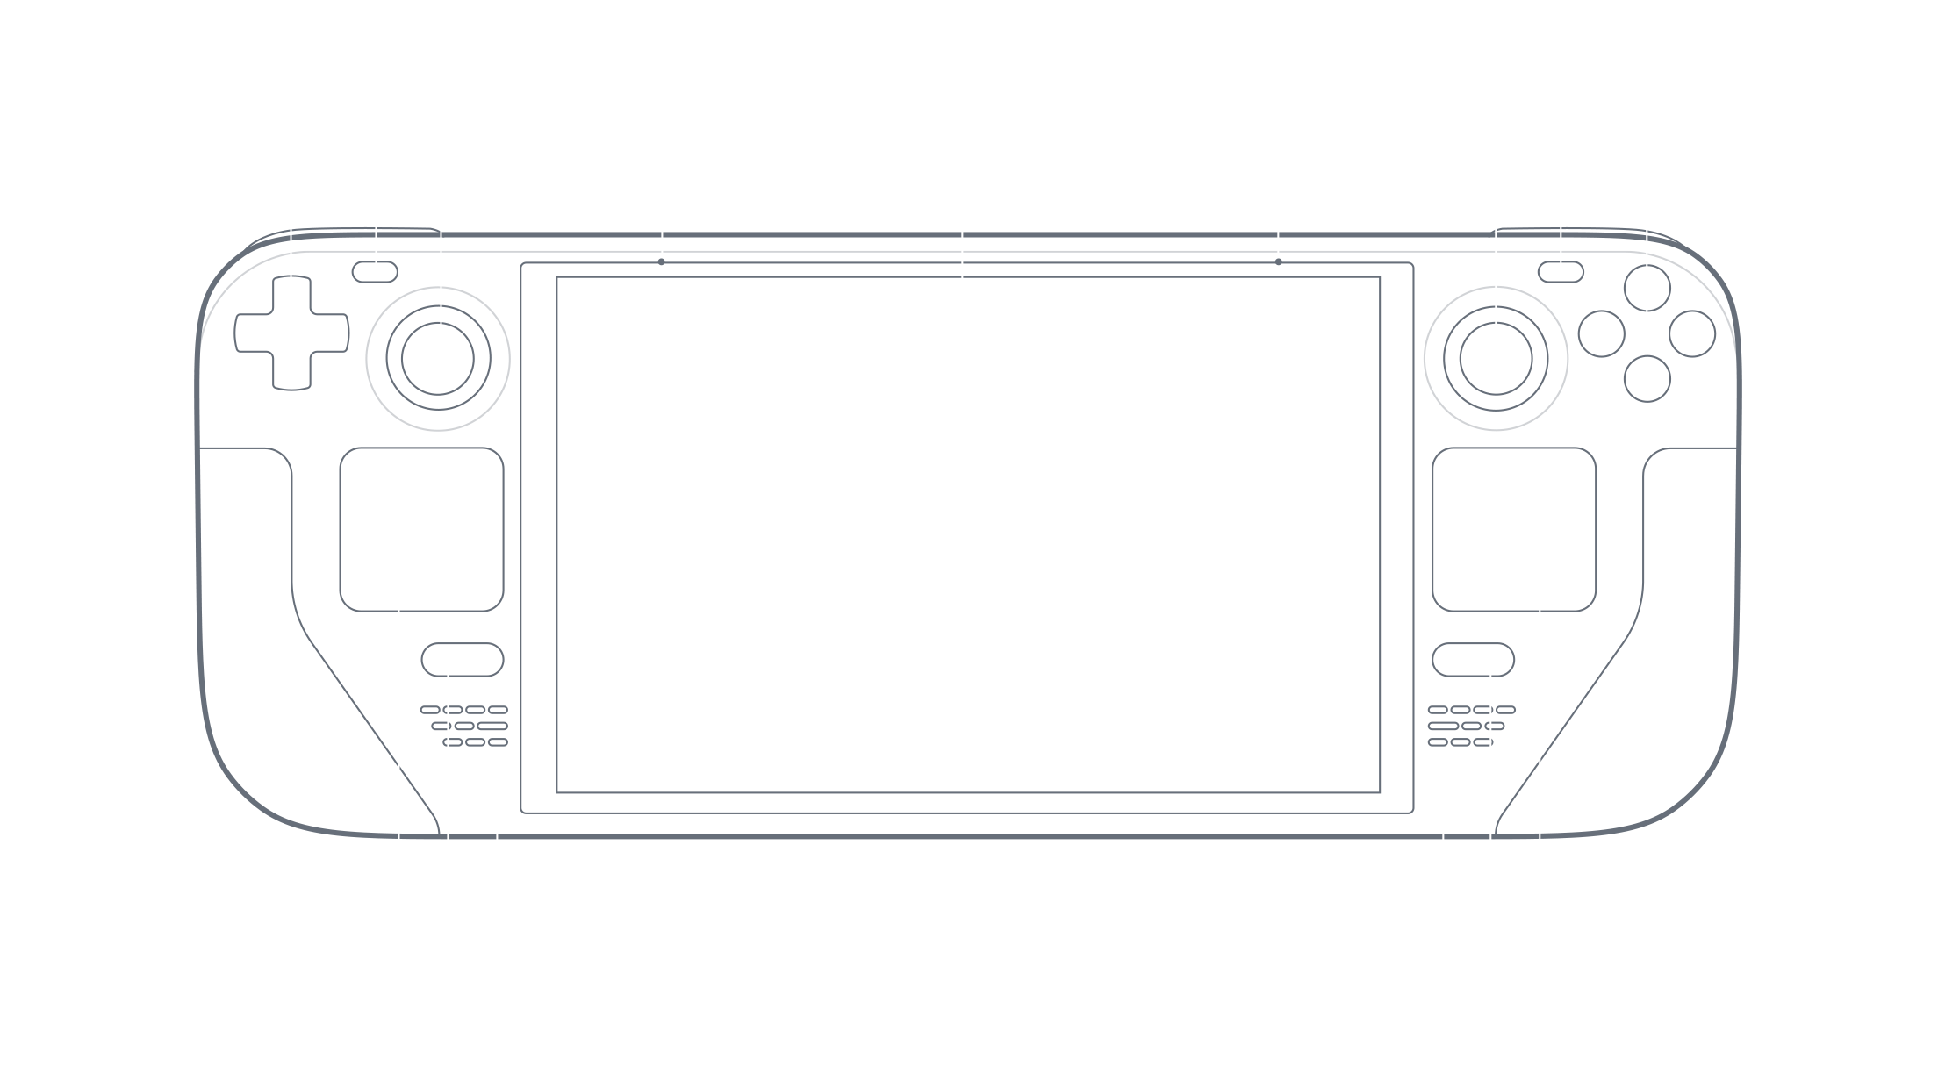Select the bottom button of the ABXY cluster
click(x=1647, y=379)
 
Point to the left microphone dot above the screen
click(x=661, y=261)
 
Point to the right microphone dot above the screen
click(x=1278, y=261)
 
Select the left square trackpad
click(x=421, y=529)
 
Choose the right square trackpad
click(x=1513, y=529)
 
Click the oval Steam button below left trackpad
click(x=462, y=660)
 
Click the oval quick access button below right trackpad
click(x=1473, y=660)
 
